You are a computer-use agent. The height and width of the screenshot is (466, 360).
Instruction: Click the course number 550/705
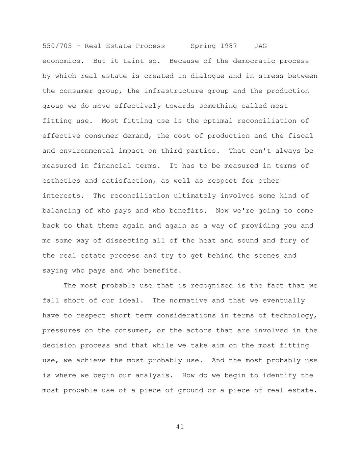click(57, 46)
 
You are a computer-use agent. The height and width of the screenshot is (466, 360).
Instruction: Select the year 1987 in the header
click(229, 46)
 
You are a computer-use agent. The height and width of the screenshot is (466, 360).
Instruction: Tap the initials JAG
click(260, 46)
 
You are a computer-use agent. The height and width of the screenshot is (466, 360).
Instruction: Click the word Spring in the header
click(203, 46)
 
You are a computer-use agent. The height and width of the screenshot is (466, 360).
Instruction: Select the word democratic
click(254, 61)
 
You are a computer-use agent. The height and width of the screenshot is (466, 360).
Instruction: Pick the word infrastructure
click(165, 91)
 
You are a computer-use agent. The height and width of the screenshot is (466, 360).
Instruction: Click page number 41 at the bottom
click(180, 427)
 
